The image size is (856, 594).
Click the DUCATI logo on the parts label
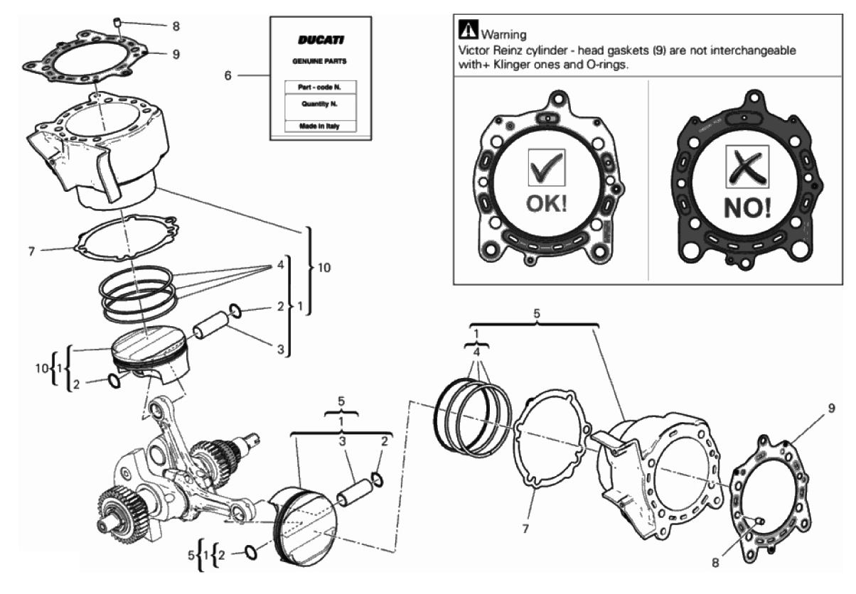tap(321, 40)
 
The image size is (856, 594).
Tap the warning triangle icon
tap(468, 29)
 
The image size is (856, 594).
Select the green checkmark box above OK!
tap(547, 168)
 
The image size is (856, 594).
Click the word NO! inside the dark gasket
tap(747, 207)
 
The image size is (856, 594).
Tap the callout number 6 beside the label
tap(228, 75)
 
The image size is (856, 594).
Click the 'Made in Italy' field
tap(319, 126)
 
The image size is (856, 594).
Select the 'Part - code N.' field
tap(319, 87)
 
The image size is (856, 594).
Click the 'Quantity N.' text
tap(319, 104)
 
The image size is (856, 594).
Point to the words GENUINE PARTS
tap(319, 61)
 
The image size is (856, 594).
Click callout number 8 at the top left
tap(176, 26)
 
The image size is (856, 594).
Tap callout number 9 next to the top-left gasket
tap(176, 54)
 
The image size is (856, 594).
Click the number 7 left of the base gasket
tap(31, 252)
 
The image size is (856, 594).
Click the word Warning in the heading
tap(503, 35)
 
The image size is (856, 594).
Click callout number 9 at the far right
tap(832, 408)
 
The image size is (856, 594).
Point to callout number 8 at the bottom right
tap(715, 562)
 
